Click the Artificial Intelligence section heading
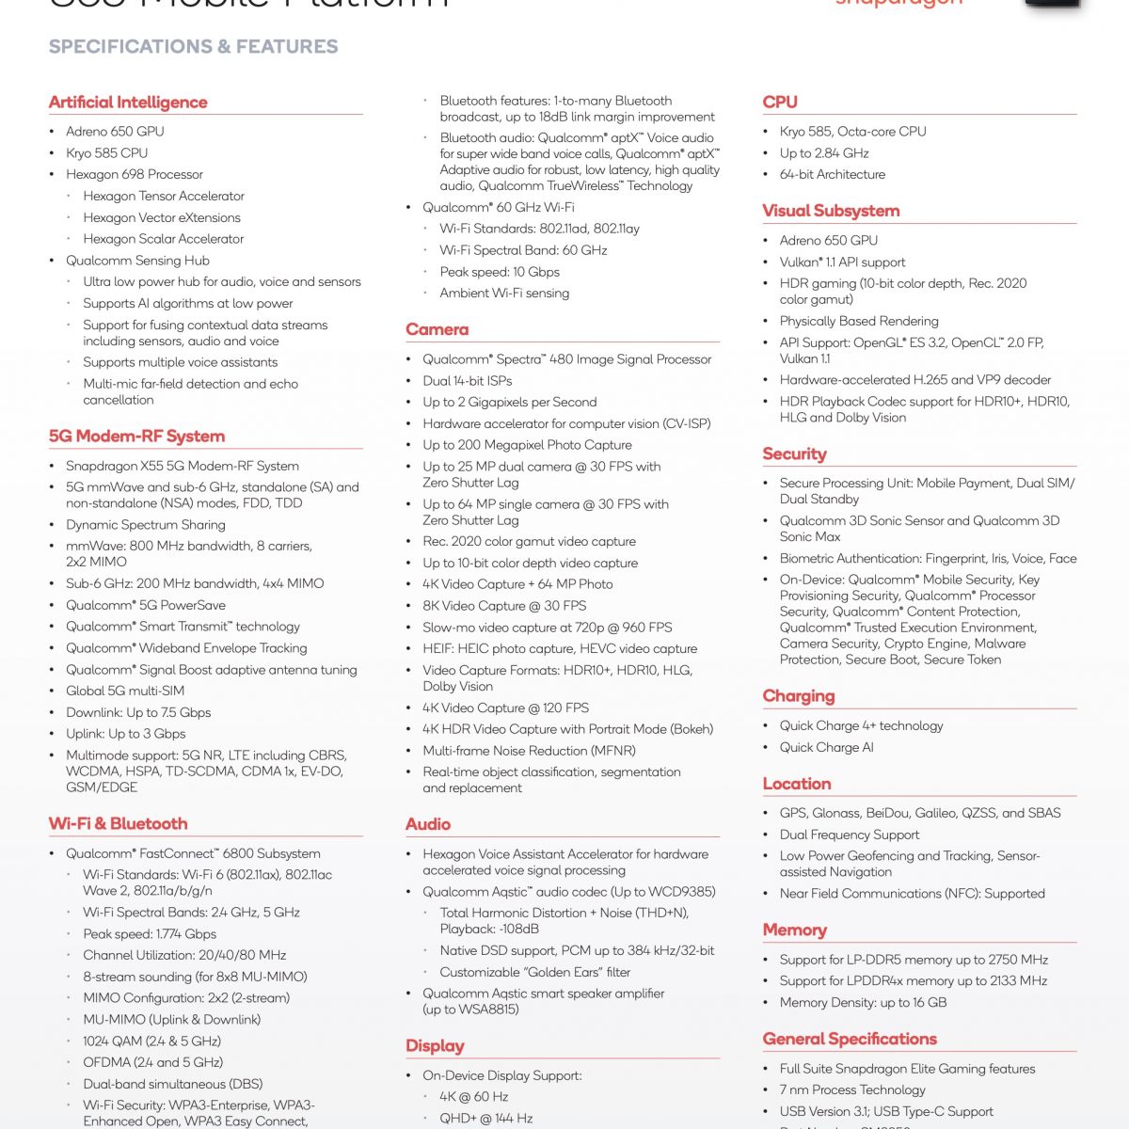128,103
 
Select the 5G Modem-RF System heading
136,436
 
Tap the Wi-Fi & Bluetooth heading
118,823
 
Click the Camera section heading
437,329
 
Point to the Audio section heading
428,824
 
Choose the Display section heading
435,1046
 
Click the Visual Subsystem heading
831,211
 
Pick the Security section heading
794,453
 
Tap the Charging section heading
799,696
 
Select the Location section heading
797,784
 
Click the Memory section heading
794,930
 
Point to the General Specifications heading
850,1039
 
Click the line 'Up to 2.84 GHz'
824,153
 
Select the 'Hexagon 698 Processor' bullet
135,174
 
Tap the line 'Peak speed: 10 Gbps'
500,272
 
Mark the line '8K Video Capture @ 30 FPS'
504,606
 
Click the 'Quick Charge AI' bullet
826,747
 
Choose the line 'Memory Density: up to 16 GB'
863,1002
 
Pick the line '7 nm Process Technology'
852,1089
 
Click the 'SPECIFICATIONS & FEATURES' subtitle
193,47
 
